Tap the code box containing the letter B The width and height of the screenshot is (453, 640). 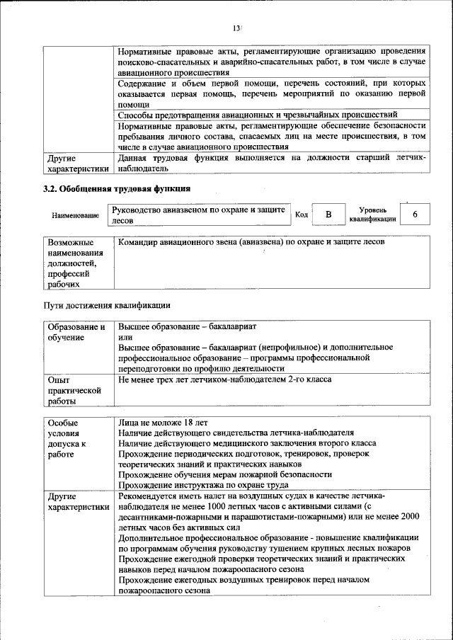point(328,215)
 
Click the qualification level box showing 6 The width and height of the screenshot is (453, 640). point(414,214)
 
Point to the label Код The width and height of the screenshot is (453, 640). point(301,215)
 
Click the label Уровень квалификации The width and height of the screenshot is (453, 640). point(372,215)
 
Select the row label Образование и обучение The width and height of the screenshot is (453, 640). point(76,333)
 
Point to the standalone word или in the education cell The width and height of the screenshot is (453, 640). point(124,337)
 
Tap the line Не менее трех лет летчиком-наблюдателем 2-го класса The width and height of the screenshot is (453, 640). point(224,379)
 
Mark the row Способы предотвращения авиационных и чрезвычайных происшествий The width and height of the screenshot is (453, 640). point(258,114)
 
